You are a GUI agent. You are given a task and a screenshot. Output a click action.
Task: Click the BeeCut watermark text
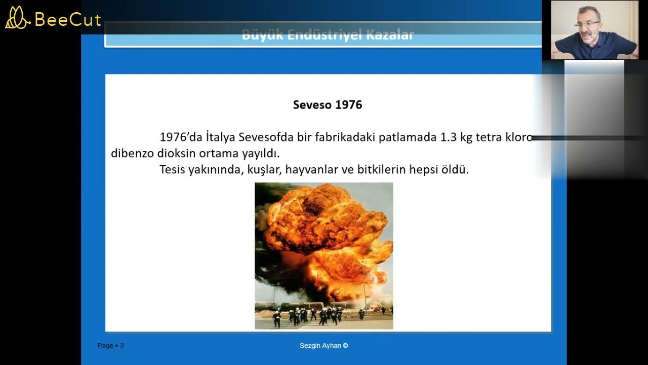pyautogui.click(x=68, y=20)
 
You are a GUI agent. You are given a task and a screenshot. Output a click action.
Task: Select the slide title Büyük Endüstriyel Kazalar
pyautogui.click(x=328, y=35)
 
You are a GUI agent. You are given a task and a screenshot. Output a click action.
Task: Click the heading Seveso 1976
pyautogui.click(x=328, y=105)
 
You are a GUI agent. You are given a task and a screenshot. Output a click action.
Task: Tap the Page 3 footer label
pyautogui.click(x=110, y=346)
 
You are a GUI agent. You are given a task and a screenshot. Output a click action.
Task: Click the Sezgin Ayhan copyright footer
pyautogui.click(x=324, y=346)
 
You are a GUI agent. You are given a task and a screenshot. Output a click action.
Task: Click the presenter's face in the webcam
pyautogui.click(x=588, y=26)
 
